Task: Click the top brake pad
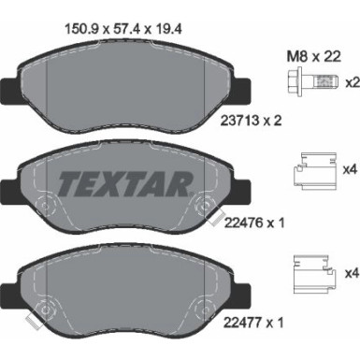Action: [x=126, y=89]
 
